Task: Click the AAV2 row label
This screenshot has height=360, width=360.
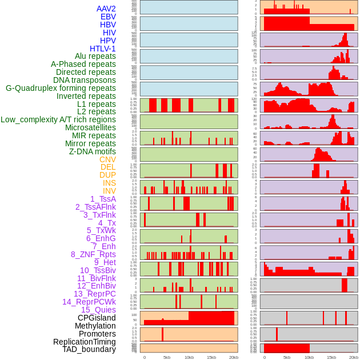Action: (x=106, y=9)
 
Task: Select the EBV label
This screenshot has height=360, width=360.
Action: (x=108, y=17)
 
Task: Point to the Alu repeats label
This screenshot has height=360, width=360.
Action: (x=95, y=56)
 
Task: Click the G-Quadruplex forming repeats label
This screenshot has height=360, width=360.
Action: (x=61, y=88)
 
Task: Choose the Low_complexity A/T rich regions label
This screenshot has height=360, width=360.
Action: (x=58, y=119)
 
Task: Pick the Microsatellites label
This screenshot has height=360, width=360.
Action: (x=90, y=127)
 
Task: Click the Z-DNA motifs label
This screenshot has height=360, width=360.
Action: (x=93, y=151)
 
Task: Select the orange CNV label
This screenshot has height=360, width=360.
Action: (x=107, y=159)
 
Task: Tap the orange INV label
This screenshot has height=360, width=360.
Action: (x=109, y=191)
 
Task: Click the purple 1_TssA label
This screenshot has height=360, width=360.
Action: (x=103, y=199)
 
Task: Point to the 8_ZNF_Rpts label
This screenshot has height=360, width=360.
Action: (x=93, y=254)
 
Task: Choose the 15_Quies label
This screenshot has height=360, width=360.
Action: (x=98, y=310)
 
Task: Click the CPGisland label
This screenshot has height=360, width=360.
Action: (x=97, y=318)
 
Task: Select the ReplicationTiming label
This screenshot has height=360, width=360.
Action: (x=85, y=342)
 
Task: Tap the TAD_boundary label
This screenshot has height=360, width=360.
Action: (x=89, y=349)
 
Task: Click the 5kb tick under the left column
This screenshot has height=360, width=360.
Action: (x=167, y=357)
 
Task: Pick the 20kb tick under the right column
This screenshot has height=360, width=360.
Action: (x=354, y=357)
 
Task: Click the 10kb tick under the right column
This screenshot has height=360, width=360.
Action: (x=309, y=357)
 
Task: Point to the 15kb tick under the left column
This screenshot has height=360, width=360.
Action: (x=211, y=357)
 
